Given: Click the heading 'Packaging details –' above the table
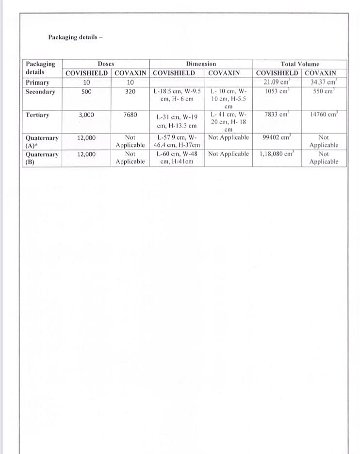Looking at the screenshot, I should [76, 37].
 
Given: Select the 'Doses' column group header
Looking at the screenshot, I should [106, 64].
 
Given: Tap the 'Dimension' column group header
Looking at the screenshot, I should [201, 64].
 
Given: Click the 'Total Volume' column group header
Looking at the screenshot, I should [300, 64].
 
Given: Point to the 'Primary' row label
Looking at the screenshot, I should [37, 82].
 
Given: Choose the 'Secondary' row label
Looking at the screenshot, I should [40, 91].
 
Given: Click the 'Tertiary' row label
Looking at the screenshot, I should [37, 115].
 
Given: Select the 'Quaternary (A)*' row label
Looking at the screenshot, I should [42, 141].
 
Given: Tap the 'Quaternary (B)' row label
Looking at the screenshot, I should [42, 158].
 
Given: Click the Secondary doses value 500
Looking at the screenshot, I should [86, 91].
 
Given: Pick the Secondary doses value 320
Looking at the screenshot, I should [130, 91].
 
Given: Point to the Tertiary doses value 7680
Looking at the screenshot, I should [130, 115].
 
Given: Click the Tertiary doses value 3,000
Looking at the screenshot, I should [86, 115].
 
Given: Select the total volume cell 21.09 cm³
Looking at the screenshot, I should [277, 82].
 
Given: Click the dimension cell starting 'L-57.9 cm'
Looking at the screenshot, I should [177, 141].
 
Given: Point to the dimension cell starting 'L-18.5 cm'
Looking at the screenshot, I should [177, 95].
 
